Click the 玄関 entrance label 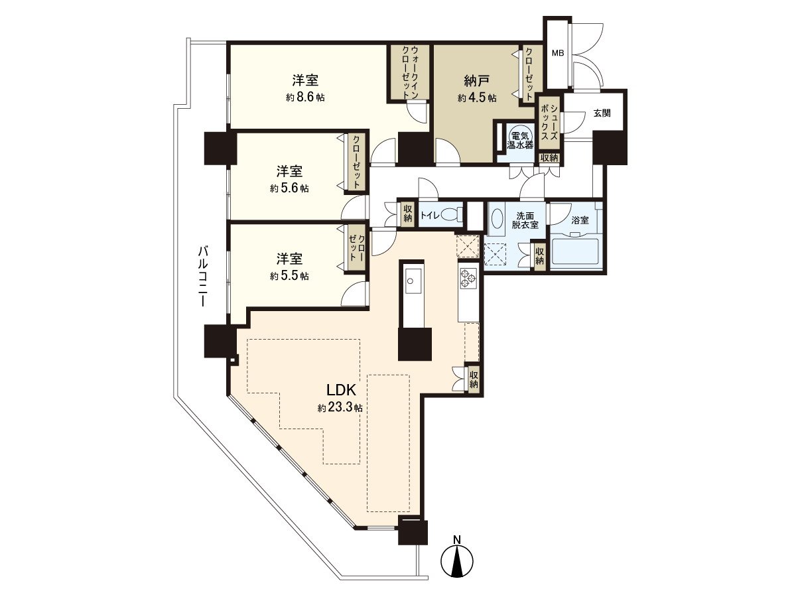602,113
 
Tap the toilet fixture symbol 452,215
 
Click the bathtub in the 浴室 576,251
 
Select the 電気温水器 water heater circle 520,137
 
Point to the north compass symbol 458,561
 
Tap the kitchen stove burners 468,277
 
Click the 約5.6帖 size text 289,188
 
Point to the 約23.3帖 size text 340,408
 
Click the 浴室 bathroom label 580,220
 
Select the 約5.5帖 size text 289,276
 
